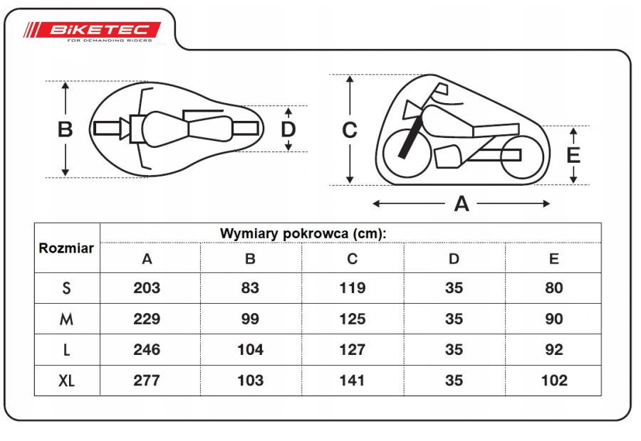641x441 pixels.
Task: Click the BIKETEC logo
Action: point(93,31)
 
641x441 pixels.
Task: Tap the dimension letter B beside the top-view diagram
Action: point(65,129)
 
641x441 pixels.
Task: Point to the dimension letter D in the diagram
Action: point(288,129)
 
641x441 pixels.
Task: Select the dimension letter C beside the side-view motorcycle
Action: point(350,130)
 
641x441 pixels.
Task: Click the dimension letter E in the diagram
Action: point(573,155)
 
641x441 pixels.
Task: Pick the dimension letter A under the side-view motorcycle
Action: point(462,203)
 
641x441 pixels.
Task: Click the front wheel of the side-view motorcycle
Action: point(407,153)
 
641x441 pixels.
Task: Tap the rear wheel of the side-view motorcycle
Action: point(522,156)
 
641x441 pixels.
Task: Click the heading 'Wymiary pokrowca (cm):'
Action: point(303,233)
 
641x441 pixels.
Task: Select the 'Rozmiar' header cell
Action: point(66,248)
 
